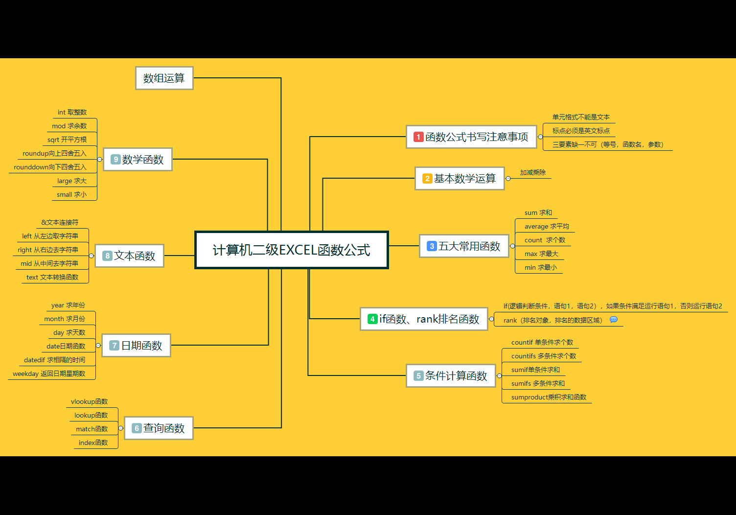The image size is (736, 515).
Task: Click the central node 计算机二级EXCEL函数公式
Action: click(292, 250)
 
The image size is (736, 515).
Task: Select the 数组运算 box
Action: click(164, 78)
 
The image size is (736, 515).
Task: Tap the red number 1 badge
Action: click(418, 137)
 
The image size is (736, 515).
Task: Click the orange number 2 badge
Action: click(427, 179)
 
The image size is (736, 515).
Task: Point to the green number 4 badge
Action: click(372, 319)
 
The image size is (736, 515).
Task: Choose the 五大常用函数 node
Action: click(464, 246)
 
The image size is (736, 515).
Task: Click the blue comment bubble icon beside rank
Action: click(614, 320)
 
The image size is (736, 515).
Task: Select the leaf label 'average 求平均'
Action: click(547, 227)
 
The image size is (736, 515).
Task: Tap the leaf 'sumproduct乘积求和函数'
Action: click(549, 397)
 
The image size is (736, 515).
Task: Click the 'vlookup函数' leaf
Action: click(90, 401)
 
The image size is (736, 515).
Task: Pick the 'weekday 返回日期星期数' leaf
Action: click(49, 374)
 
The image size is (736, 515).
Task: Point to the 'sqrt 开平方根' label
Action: click(67, 140)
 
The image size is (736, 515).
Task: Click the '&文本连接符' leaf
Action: click(60, 223)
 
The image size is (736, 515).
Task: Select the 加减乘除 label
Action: click(532, 172)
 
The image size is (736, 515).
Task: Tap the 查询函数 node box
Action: click(159, 428)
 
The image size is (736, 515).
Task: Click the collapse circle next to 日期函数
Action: click(98, 346)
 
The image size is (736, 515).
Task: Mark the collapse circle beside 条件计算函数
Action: click(499, 375)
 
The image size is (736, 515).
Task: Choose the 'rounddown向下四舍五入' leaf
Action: click(50, 167)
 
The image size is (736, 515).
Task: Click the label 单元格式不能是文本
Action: click(581, 117)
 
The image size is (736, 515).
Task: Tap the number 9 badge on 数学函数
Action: click(115, 160)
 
